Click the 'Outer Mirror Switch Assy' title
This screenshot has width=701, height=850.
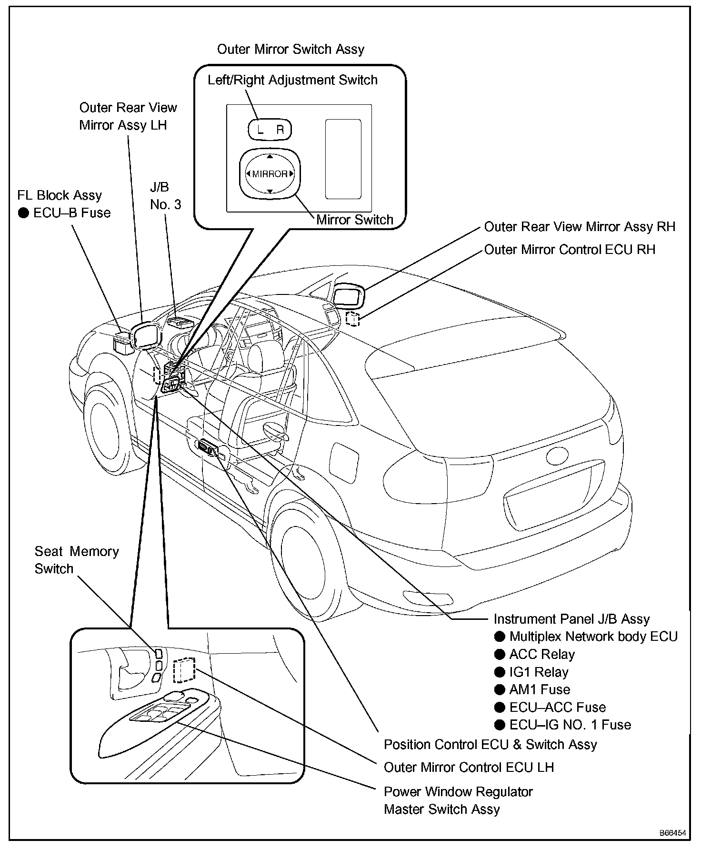(x=290, y=50)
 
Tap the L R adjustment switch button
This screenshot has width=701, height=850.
(x=270, y=130)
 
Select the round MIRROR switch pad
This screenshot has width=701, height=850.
(x=270, y=174)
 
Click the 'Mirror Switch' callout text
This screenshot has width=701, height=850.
(x=355, y=220)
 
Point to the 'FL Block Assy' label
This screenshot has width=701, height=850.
(x=60, y=195)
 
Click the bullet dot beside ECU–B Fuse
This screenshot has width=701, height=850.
(x=23, y=213)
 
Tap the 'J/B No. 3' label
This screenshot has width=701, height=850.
(x=165, y=196)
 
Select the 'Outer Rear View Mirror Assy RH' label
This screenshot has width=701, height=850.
(x=580, y=227)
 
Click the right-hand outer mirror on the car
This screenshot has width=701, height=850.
(x=349, y=296)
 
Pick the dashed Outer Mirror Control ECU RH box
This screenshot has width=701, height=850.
(x=353, y=319)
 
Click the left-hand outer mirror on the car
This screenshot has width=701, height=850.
(x=146, y=335)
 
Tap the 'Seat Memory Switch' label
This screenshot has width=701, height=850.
(x=76, y=560)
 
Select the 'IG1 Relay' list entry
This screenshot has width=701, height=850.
(x=539, y=672)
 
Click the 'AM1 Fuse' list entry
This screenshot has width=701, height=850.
(x=540, y=689)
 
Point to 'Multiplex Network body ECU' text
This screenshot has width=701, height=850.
(x=593, y=637)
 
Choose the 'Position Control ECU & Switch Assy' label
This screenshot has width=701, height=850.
(x=490, y=744)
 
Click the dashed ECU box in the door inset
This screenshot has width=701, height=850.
(x=184, y=671)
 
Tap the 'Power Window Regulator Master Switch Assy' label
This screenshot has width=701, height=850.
(x=458, y=800)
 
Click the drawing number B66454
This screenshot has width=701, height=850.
(x=672, y=833)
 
